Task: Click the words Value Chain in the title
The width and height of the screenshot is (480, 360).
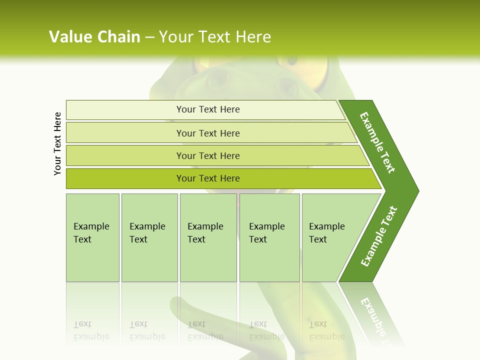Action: tap(94, 37)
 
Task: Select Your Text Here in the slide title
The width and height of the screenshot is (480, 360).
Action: tap(215, 37)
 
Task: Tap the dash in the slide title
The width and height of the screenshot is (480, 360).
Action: tap(149, 37)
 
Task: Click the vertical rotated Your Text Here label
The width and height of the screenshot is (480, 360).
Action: tap(57, 143)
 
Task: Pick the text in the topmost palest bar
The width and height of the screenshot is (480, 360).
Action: tap(208, 109)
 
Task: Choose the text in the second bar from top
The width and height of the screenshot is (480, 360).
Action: tap(208, 133)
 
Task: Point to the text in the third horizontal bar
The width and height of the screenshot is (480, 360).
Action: tap(208, 155)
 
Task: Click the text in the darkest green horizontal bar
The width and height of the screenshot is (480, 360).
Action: tap(208, 178)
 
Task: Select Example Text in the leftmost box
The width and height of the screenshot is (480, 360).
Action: tap(91, 232)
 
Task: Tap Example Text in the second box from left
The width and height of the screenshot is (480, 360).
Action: tap(147, 232)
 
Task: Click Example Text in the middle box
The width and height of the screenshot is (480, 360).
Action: tap(205, 232)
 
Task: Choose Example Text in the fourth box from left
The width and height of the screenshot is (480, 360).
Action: tap(266, 232)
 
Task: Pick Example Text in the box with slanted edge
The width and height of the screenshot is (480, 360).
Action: tap(326, 232)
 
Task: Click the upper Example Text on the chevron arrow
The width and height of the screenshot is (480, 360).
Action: tap(377, 142)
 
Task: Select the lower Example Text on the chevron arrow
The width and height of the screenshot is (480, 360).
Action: tap(379, 236)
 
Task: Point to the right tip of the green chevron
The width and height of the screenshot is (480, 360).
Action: tap(417, 190)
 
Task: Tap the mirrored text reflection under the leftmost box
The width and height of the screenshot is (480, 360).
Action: tap(91, 330)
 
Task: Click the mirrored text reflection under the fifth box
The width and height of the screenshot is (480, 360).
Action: tap(326, 330)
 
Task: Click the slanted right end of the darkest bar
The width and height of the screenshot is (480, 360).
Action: tap(376, 179)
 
